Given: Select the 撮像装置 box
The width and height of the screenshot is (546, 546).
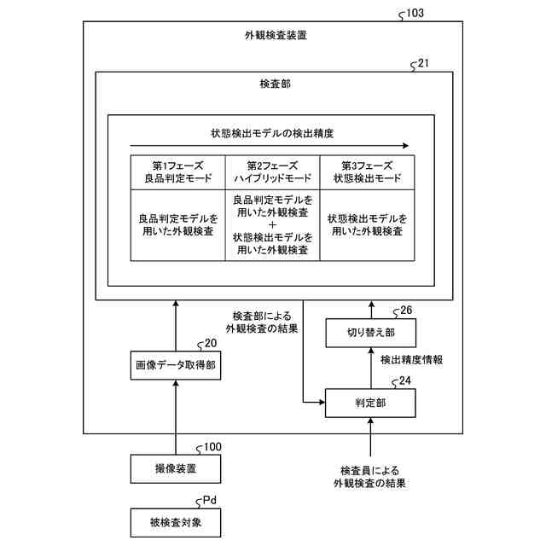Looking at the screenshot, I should [x=175, y=468].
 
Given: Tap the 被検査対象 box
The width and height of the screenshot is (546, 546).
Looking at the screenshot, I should [x=175, y=520].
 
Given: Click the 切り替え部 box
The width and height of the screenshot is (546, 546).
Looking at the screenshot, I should [x=370, y=332].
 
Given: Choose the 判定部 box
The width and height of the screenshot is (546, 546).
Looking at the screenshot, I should [x=370, y=401].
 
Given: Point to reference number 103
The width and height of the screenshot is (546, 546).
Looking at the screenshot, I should [x=415, y=14].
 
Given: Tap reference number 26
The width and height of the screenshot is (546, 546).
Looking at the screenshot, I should [x=406, y=311].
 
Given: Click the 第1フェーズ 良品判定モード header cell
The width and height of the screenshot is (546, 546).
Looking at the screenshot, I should [x=177, y=172].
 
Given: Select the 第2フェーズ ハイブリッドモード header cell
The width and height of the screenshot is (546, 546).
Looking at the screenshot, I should [x=271, y=172].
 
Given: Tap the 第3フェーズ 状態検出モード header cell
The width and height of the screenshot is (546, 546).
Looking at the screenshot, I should [x=367, y=172].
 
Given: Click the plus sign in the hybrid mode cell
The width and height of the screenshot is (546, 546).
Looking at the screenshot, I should [x=271, y=224].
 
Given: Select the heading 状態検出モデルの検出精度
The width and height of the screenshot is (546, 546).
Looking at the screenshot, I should [x=271, y=134].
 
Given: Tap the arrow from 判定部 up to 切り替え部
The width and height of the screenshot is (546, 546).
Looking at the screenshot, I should [x=370, y=366].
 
